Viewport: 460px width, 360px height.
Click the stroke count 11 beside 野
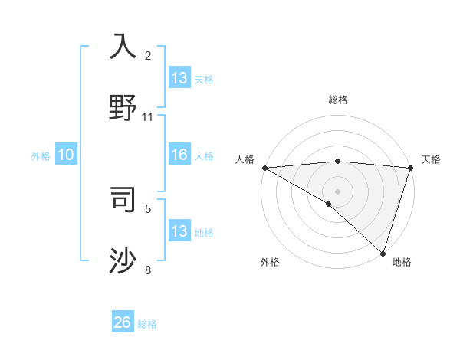point(148,117)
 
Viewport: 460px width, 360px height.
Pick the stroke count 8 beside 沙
point(148,270)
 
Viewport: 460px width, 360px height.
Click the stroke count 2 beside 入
point(148,55)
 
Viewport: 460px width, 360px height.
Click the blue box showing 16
point(179,155)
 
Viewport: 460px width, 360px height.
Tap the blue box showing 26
point(123,323)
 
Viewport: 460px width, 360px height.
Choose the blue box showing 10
point(66,155)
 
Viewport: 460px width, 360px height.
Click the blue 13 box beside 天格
point(179,78)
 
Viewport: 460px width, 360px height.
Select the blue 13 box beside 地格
point(179,231)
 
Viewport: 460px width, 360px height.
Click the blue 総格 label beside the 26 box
point(147,324)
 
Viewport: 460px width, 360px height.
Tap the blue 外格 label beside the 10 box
point(41,156)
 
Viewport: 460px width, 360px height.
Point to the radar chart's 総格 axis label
point(337,100)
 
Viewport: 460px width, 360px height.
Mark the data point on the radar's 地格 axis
point(383,253)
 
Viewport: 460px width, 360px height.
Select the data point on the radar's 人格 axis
point(264,168)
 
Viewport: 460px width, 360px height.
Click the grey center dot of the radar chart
point(337,191)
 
